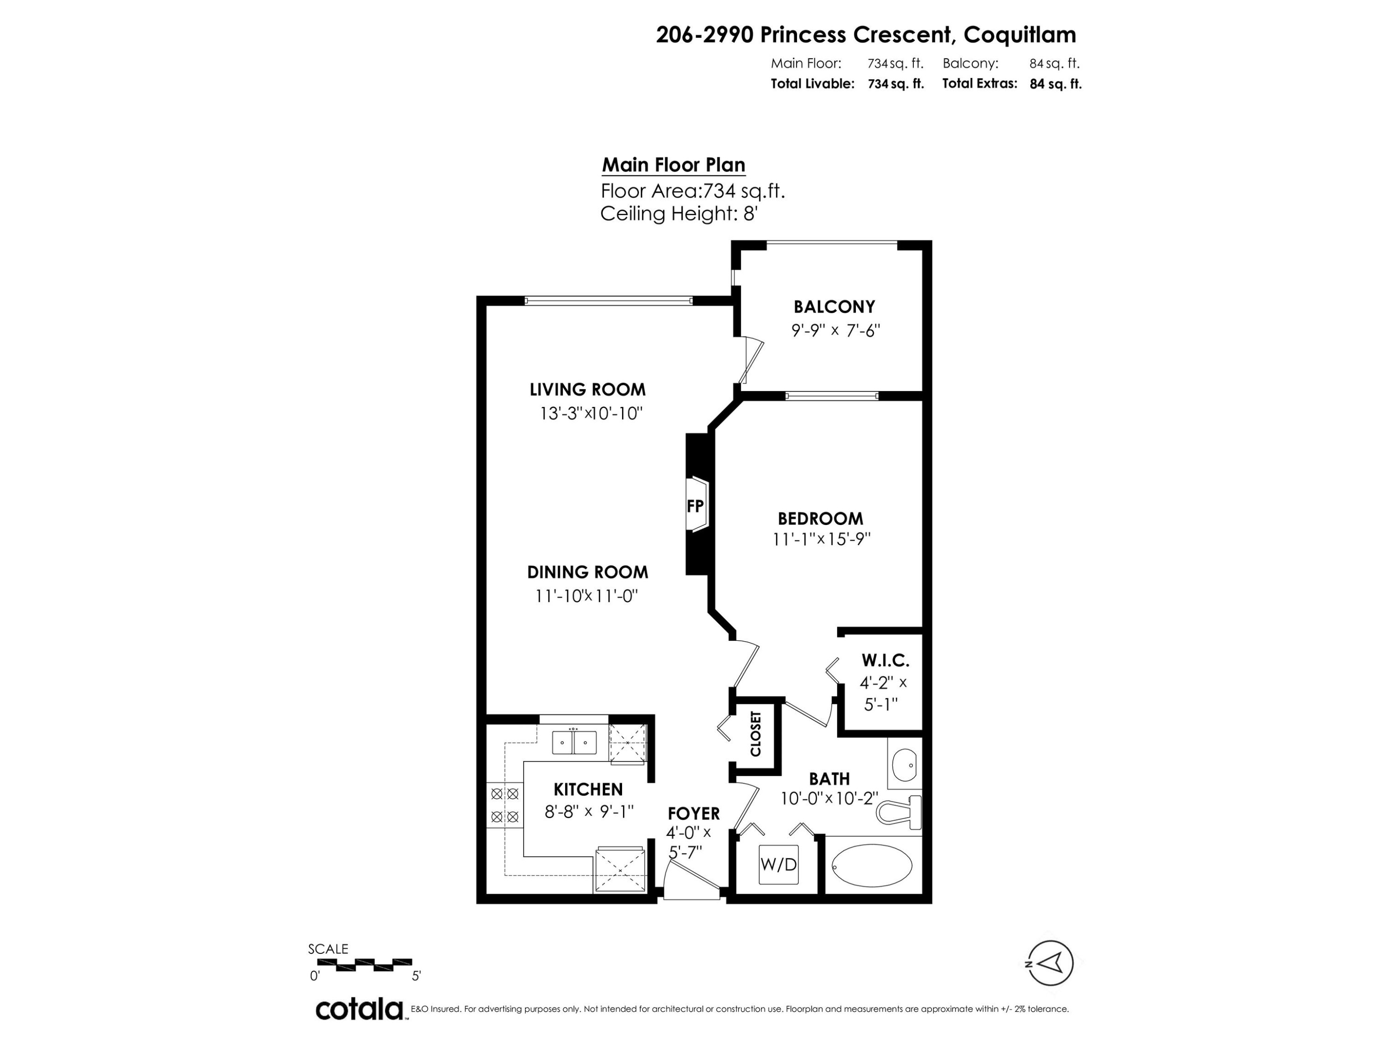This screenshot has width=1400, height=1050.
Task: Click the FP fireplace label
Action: tap(695, 506)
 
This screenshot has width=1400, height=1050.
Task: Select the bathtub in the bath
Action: tap(872, 866)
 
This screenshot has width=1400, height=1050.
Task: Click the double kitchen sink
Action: tap(574, 742)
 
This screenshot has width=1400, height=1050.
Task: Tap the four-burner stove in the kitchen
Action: tap(504, 805)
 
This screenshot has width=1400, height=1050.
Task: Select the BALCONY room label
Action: tap(834, 307)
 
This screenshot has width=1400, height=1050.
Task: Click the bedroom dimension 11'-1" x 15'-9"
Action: tap(821, 539)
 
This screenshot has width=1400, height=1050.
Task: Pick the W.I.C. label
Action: tap(885, 661)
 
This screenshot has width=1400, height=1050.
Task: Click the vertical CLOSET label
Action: tap(756, 734)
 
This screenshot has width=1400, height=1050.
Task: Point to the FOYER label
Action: tap(693, 813)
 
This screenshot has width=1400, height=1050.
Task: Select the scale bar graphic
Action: tap(364, 965)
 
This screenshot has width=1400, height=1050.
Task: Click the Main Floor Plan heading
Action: tap(673, 165)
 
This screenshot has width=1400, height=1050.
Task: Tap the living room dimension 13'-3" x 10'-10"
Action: tap(590, 413)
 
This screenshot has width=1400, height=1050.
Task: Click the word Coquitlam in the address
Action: tap(1019, 35)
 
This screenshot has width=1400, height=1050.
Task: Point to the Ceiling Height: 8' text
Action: tap(679, 214)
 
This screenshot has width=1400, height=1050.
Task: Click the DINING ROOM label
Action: tap(588, 572)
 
